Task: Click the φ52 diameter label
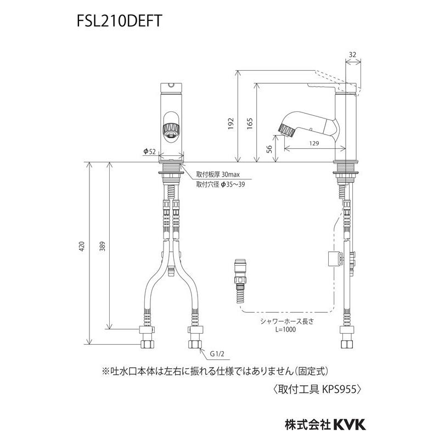pyautogui.click(x=149, y=151)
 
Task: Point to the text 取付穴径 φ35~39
pyautogui.click(x=221, y=185)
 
